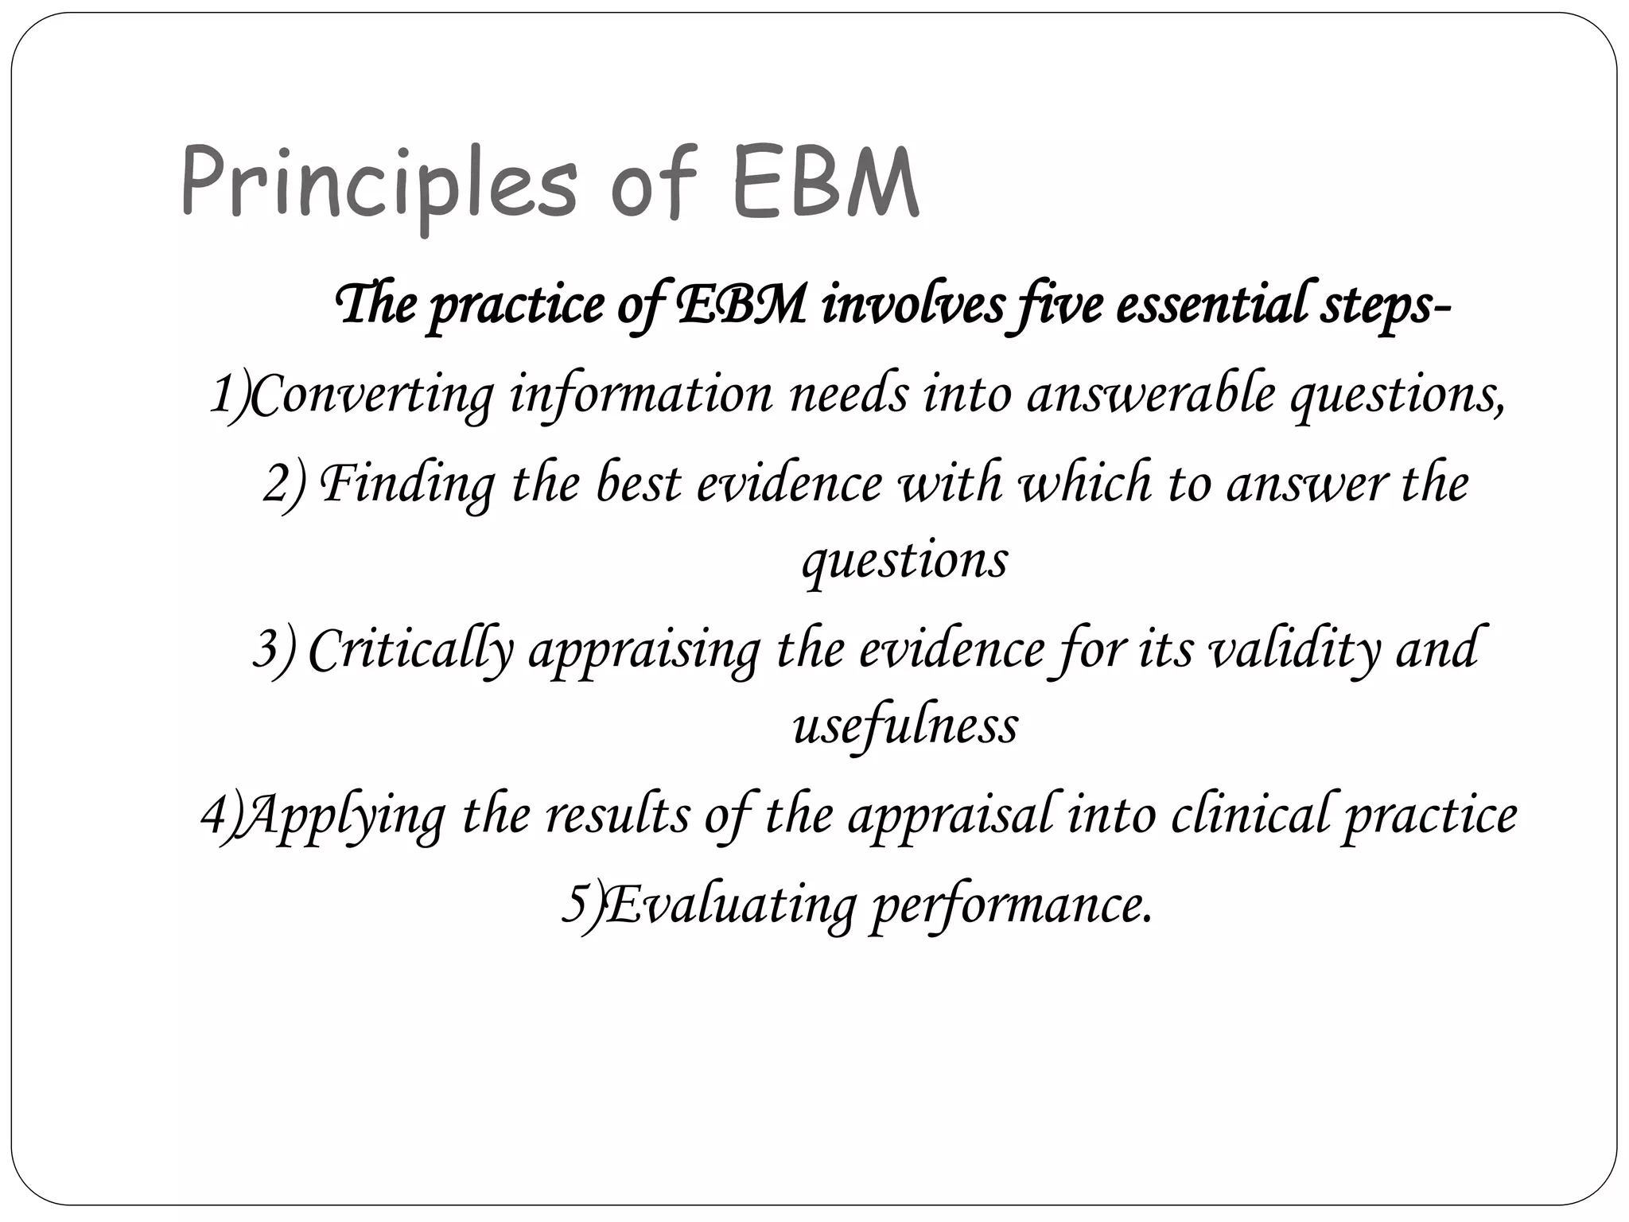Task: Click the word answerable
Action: click(1151, 393)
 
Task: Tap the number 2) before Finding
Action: click(283, 484)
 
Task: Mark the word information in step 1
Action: click(641, 395)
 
